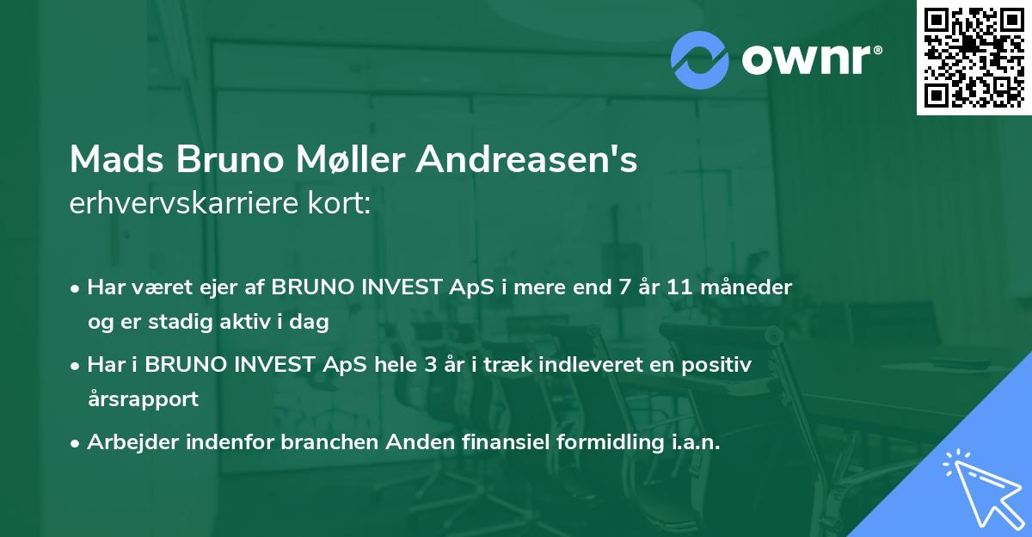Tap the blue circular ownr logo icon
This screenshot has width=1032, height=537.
tap(699, 60)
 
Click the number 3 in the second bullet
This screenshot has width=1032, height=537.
tap(429, 364)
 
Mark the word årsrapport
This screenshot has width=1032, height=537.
tap(143, 399)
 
